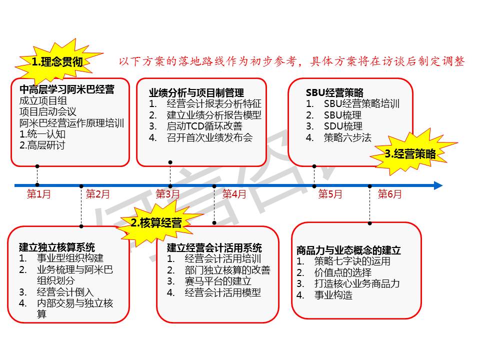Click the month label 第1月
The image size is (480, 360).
(39, 194)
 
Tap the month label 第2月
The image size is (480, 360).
(97, 194)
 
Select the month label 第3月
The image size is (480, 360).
(167, 194)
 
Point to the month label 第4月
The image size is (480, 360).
(234, 194)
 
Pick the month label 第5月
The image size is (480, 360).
(330, 194)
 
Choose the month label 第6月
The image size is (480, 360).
(389, 194)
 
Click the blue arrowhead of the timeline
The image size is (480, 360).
(438, 185)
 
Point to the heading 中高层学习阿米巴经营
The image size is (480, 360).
(67, 89)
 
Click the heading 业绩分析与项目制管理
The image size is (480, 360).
(196, 93)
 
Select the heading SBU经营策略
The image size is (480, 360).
(334, 92)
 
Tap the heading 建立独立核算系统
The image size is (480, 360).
(57, 247)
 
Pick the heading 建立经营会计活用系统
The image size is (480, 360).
(214, 247)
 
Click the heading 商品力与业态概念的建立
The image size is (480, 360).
(348, 250)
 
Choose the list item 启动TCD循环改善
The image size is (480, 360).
(204, 126)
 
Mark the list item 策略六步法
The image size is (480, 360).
(347, 138)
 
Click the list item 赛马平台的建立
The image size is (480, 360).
(218, 281)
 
